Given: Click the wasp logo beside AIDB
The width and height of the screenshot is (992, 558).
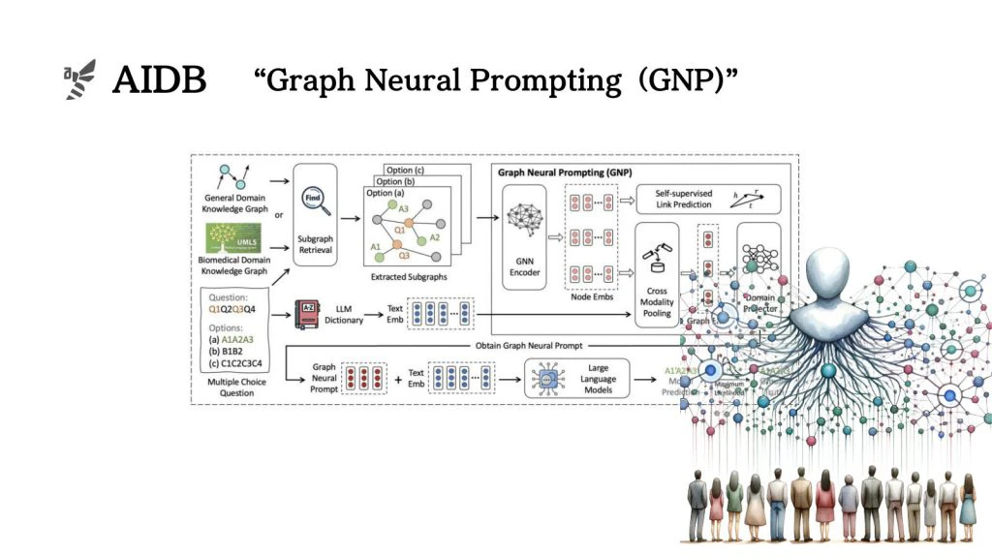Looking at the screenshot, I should (x=79, y=78).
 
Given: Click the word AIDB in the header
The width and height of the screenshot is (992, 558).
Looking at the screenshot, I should (x=159, y=80).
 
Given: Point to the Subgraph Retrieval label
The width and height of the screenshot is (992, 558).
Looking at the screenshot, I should (x=316, y=243).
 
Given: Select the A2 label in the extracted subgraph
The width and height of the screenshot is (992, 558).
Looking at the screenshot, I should (x=435, y=237).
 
